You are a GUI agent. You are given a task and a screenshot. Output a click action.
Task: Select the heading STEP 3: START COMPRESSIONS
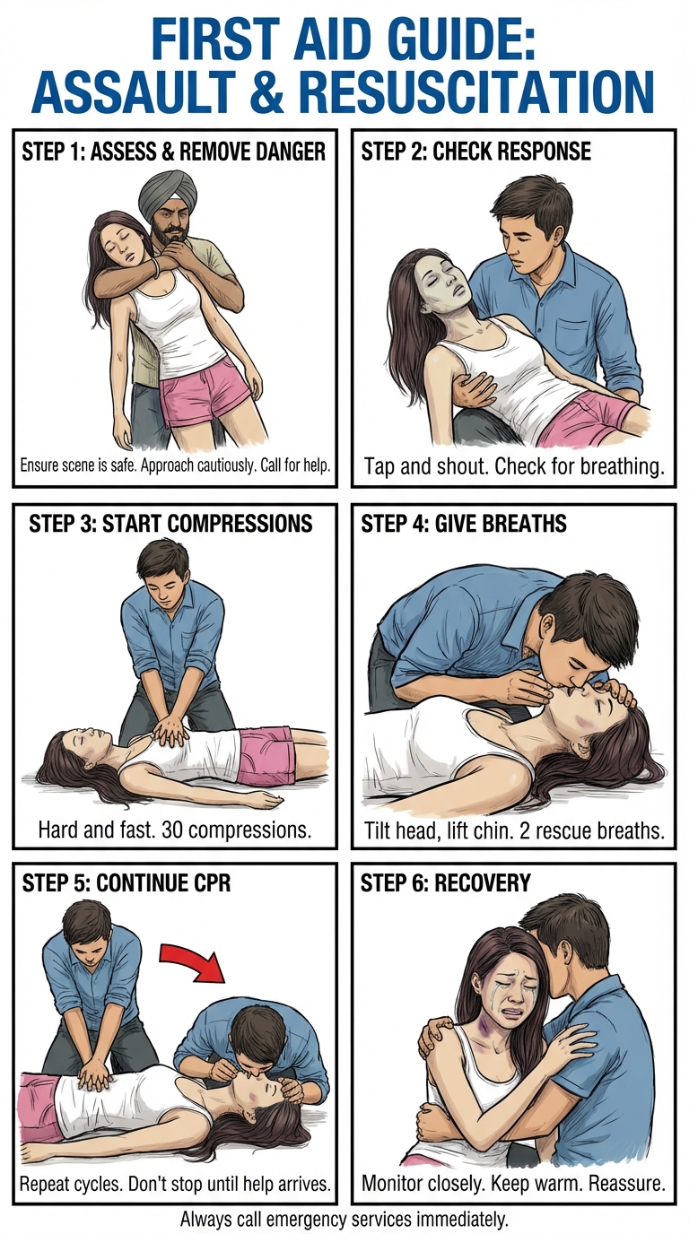coord(170,523)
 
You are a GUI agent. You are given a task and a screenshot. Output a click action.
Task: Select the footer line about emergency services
coord(344,1219)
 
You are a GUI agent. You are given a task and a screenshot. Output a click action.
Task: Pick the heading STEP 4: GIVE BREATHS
coord(464,523)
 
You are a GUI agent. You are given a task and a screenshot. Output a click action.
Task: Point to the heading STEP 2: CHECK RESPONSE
coord(475,151)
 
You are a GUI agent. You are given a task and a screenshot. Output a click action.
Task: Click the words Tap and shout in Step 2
coord(418,466)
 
